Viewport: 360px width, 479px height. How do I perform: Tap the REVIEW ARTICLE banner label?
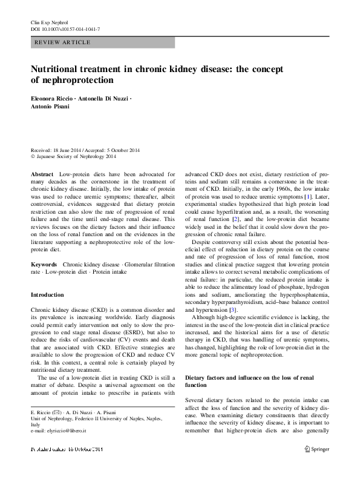coord(63,42)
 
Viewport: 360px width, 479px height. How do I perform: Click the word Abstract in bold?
coord(42,173)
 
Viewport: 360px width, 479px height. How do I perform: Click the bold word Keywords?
coord(44,265)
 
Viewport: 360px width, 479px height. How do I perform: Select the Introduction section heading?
coord(47,295)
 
